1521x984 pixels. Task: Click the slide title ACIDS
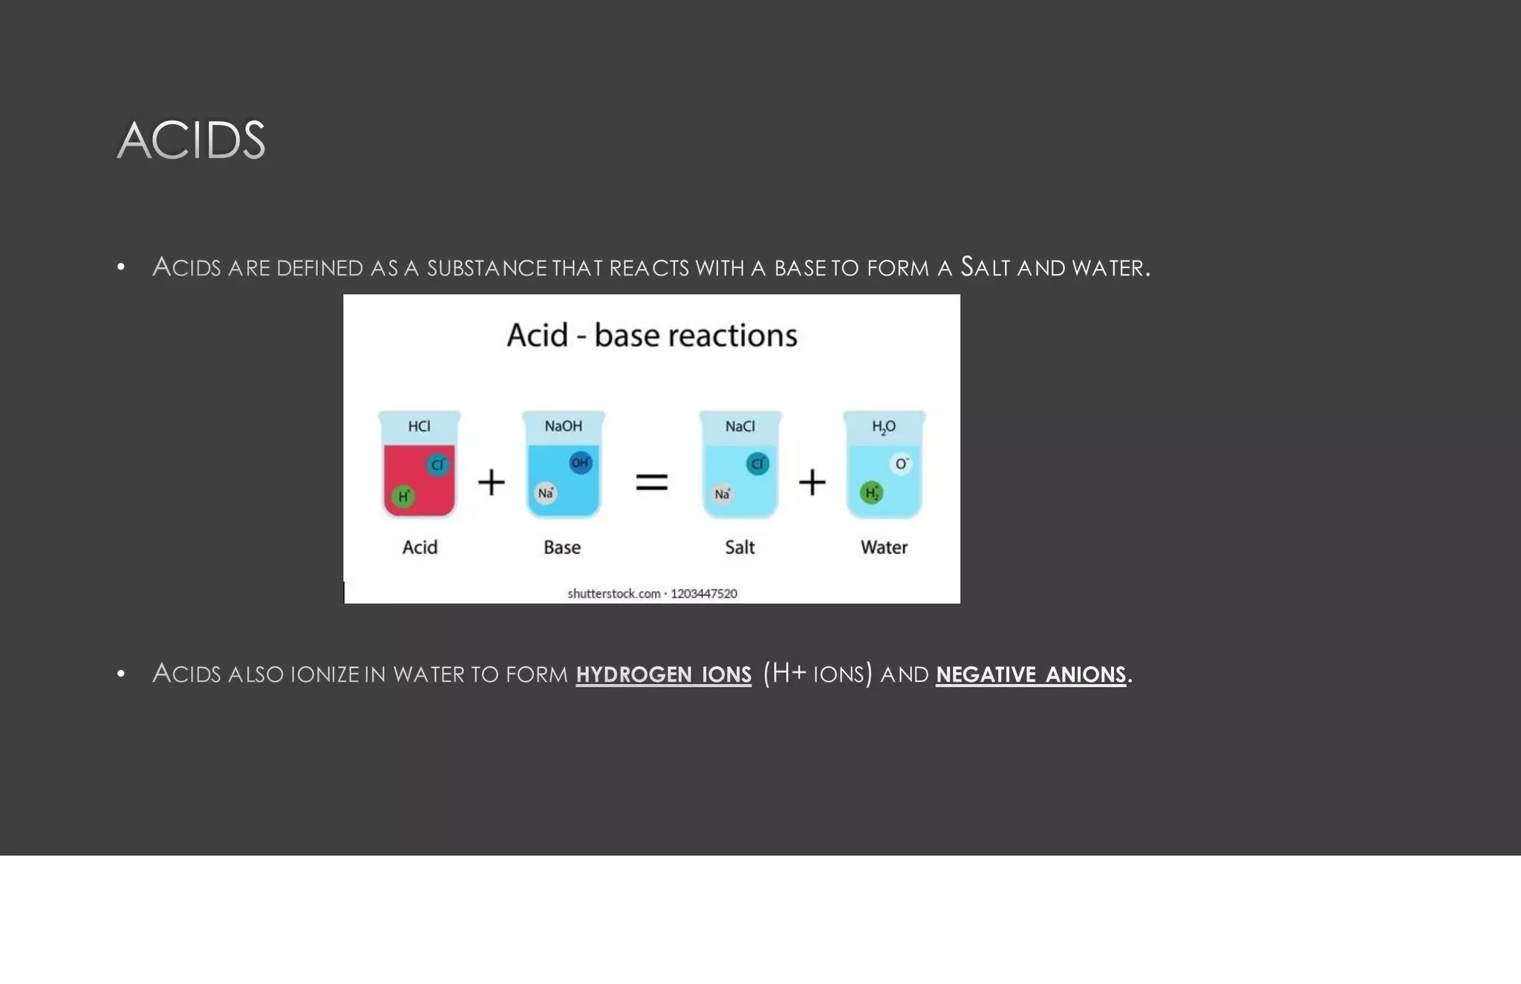(191, 140)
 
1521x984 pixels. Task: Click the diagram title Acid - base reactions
(651, 336)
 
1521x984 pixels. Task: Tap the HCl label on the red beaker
(419, 426)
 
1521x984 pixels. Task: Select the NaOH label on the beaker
(563, 426)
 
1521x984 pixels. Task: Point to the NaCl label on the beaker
(740, 426)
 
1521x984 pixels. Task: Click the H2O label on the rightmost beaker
(883, 427)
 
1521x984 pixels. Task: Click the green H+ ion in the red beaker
(403, 496)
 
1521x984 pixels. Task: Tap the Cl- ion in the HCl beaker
(437, 465)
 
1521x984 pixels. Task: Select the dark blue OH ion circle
(580, 463)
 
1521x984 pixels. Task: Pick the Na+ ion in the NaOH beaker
(546, 493)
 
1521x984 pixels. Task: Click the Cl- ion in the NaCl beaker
(757, 464)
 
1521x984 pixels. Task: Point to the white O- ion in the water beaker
(901, 464)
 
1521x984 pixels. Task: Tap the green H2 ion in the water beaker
(871, 492)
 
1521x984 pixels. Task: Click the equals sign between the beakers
(651, 483)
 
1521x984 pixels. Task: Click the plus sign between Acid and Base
(491, 483)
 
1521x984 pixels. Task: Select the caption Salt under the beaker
(740, 547)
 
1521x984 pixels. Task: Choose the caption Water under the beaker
(884, 547)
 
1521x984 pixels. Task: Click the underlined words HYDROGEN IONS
(663, 674)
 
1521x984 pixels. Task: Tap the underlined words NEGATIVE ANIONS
(1031, 674)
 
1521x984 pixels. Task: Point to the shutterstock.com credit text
(652, 593)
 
